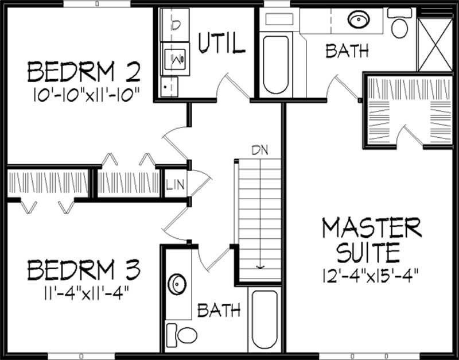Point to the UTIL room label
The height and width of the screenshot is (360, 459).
[221, 44]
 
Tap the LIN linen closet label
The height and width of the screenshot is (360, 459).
[174, 185]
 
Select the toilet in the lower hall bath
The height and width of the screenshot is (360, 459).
[181, 332]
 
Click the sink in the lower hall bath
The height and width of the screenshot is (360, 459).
[177, 284]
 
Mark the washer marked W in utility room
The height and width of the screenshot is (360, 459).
[175, 58]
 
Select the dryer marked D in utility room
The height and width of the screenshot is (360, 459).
[175, 24]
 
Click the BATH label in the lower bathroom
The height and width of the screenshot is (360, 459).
[219, 311]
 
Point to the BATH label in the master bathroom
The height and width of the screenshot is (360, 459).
[347, 52]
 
